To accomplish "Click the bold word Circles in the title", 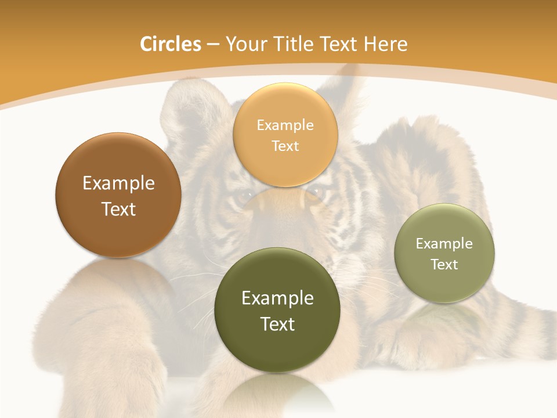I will [171, 44].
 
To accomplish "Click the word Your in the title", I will [243, 44].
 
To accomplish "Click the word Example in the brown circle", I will [118, 183].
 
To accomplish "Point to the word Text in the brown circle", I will [118, 209].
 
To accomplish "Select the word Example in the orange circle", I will [285, 125].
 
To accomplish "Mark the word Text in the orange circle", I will [285, 146].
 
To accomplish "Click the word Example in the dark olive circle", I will [277, 298].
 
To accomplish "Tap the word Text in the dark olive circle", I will [277, 324].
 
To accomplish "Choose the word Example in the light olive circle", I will [444, 244].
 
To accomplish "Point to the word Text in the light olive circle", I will [444, 265].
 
